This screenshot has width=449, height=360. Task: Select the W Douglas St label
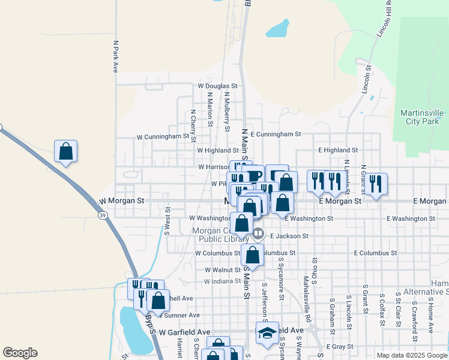218,86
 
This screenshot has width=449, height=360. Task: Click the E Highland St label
338,150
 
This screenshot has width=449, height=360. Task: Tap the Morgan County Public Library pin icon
258,232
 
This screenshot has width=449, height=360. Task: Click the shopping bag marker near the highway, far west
66,151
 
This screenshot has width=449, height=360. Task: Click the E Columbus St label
375,253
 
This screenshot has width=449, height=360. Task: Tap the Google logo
20,353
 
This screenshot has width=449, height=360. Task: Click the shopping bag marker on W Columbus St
253,254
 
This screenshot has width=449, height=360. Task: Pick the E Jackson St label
289,236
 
